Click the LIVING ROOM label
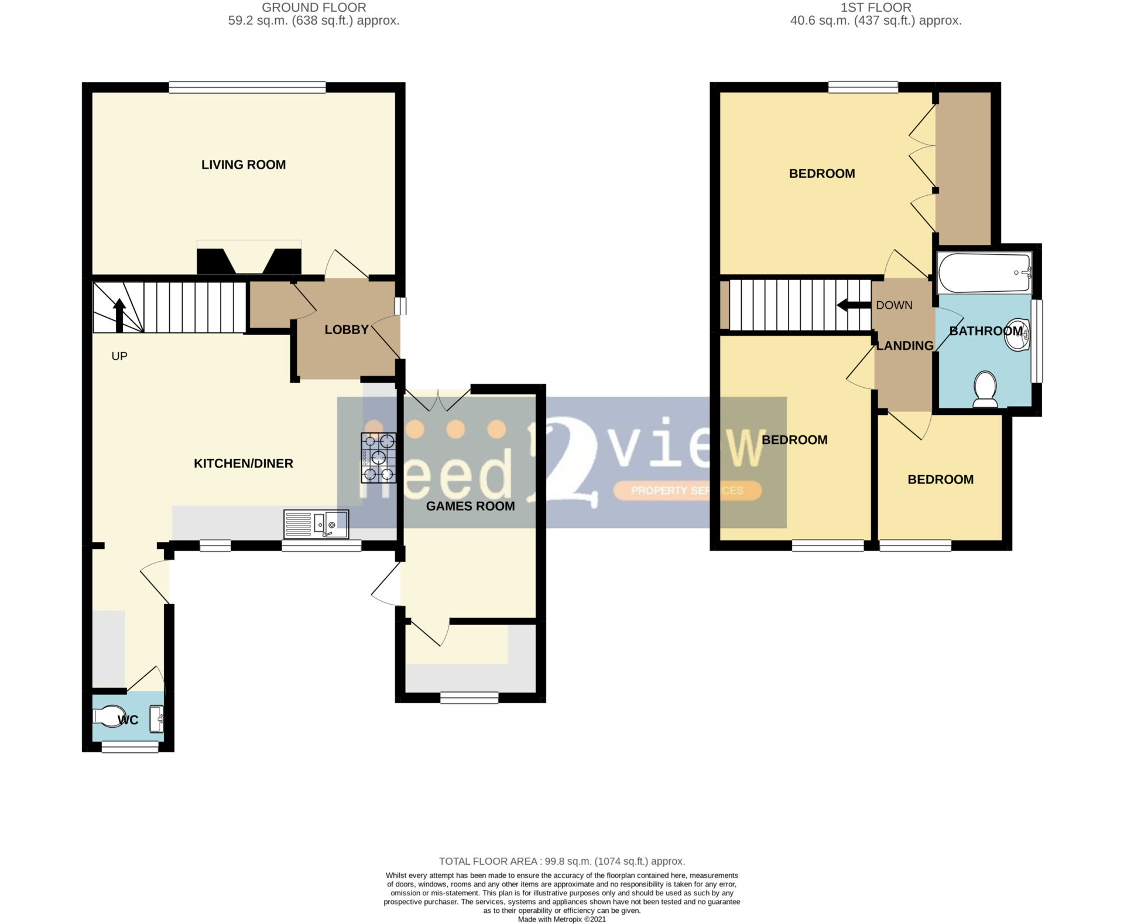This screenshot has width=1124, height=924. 244,165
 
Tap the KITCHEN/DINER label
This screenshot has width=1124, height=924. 244,463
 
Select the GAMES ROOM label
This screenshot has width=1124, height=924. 471,506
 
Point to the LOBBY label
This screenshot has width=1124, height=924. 347,330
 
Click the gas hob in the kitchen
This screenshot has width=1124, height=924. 378,458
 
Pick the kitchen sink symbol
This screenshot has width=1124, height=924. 316,524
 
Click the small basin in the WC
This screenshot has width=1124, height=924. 157,719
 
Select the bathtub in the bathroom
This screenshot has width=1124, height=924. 985,272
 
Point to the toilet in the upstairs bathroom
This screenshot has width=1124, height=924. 985,389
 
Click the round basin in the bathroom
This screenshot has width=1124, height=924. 1018,335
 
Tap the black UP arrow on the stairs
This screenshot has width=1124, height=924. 119,316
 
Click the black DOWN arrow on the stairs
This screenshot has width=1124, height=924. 854,305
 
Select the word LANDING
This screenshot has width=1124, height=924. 904,346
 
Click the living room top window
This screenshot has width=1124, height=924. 248,87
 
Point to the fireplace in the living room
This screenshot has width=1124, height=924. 249,257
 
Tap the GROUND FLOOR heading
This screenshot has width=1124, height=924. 314,8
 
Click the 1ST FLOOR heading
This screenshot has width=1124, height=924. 876,8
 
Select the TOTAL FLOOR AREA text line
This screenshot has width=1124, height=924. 562,861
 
